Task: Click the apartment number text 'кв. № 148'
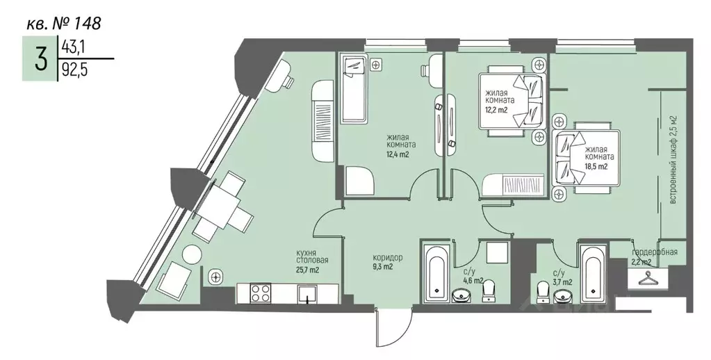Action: [x=63, y=23]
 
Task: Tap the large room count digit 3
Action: [x=41, y=59]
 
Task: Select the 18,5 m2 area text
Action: [x=596, y=166]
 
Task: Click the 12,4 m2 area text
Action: [x=398, y=154]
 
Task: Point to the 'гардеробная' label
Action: [x=654, y=252]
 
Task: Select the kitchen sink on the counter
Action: [x=309, y=294]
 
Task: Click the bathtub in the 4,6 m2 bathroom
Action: [x=436, y=272]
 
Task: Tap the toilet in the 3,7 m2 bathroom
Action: [x=542, y=292]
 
